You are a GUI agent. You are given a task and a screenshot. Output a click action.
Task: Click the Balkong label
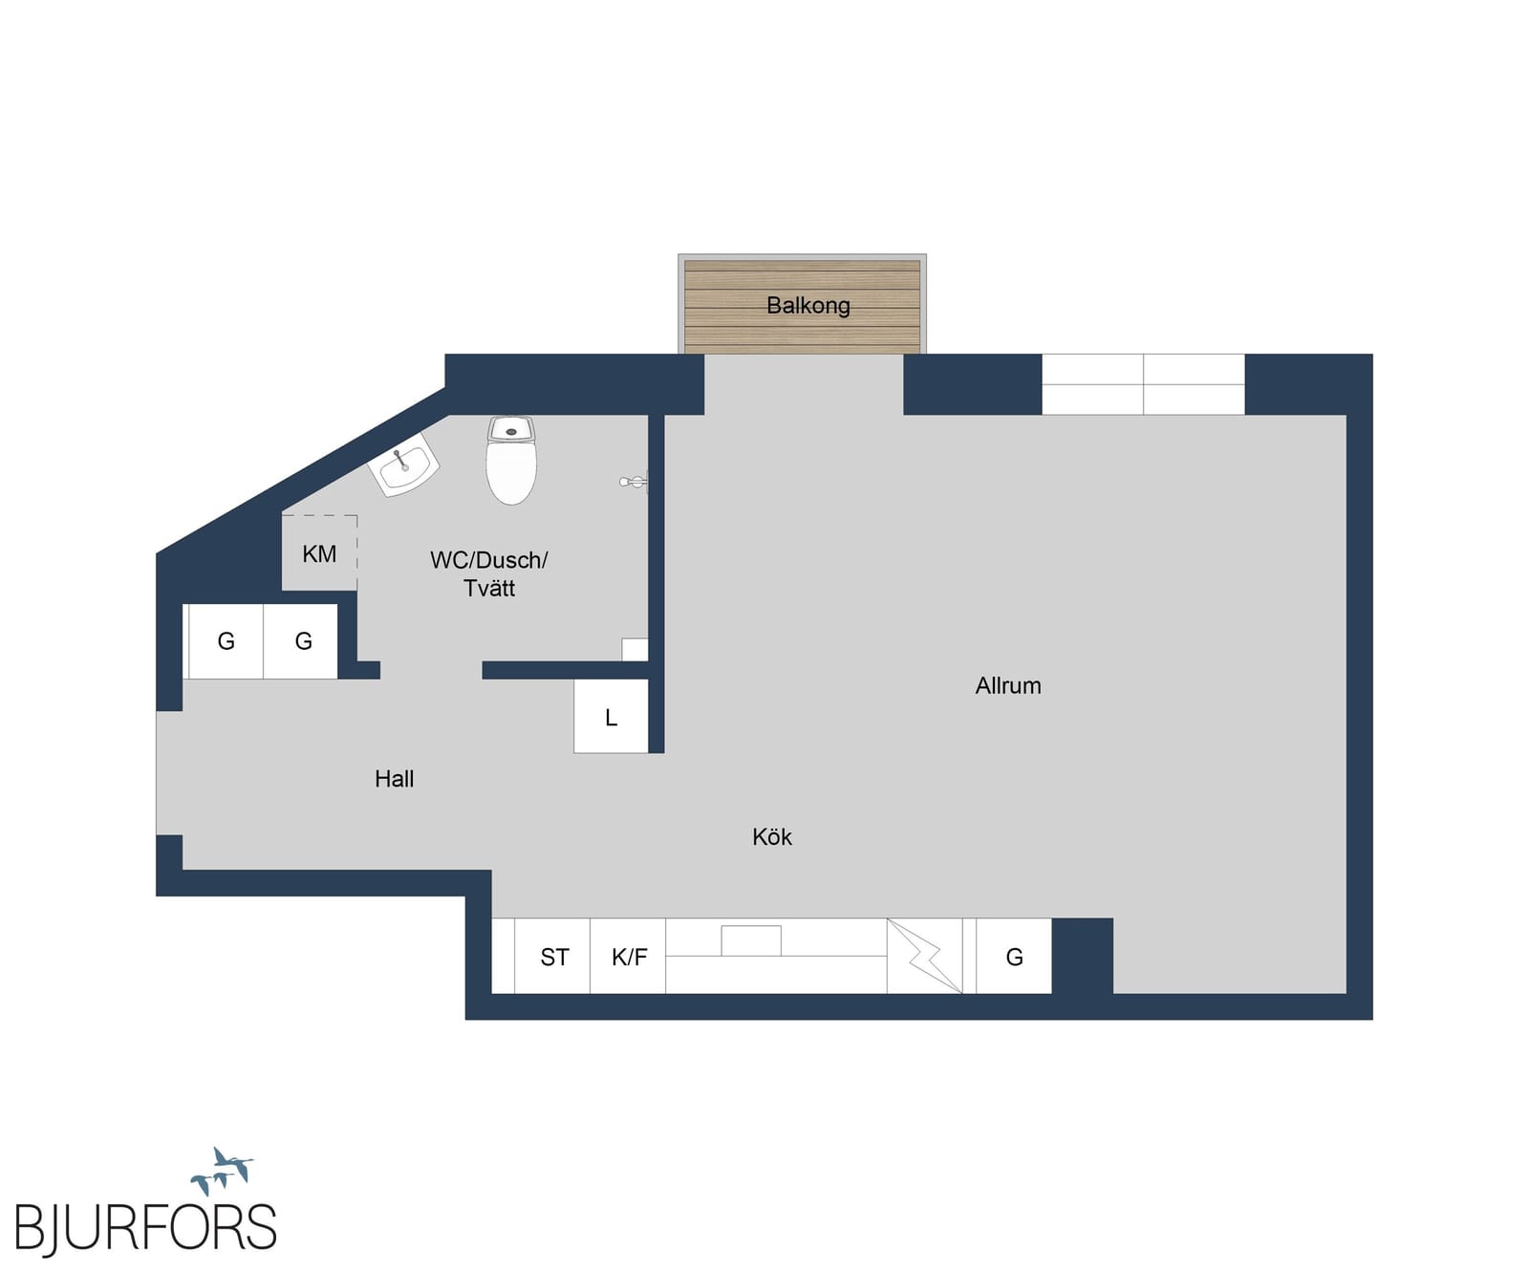pyautogui.click(x=808, y=306)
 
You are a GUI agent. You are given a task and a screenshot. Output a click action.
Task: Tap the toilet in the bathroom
pyautogui.click(x=511, y=460)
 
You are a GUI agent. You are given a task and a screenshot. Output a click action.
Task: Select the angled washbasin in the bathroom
pyautogui.click(x=403, y=465)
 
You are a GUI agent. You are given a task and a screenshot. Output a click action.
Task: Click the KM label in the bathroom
pyautogui.click(x=319, y=554)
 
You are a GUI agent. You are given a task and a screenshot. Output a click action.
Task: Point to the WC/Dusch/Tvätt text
pyautogui.click(x=489, y=573)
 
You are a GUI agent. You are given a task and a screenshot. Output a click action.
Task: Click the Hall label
pyautogui.click(x=395, y=779)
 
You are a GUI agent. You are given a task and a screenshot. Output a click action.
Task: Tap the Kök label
pyautogui.click(x=772, y=837)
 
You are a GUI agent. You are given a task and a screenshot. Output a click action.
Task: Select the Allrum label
pyautogui.click(x=1008, y=685)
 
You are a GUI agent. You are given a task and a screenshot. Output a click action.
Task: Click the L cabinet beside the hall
pyautogui.click(x=612, y=716)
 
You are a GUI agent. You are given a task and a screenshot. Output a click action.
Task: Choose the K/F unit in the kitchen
pyautogui.click(x=628, y=956)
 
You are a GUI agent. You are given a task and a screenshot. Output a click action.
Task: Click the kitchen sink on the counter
pyautogui.click(x=751, y=940)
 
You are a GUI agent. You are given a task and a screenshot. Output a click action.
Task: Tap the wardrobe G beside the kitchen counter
pyautogui.click(x=1014, y=956)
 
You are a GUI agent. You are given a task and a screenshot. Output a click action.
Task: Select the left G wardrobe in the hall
pyautogui.click(x=226, y=641)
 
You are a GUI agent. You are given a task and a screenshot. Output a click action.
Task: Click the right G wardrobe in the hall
pyautogui.click(x=301, y=641)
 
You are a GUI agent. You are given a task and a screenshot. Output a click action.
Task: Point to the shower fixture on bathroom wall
pyautogui.click(x=634, y=483)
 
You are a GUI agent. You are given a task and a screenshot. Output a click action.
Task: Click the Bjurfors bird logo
pyautogui.click(x=223, y=1171)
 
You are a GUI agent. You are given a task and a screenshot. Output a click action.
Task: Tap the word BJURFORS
pyautogui.click(x=145, y=1227)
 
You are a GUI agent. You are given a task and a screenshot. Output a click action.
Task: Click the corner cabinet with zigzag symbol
pyautogui.click(x=925, y=956)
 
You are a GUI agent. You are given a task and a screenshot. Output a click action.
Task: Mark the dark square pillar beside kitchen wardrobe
pyautogui.click(x=1083, y=956)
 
